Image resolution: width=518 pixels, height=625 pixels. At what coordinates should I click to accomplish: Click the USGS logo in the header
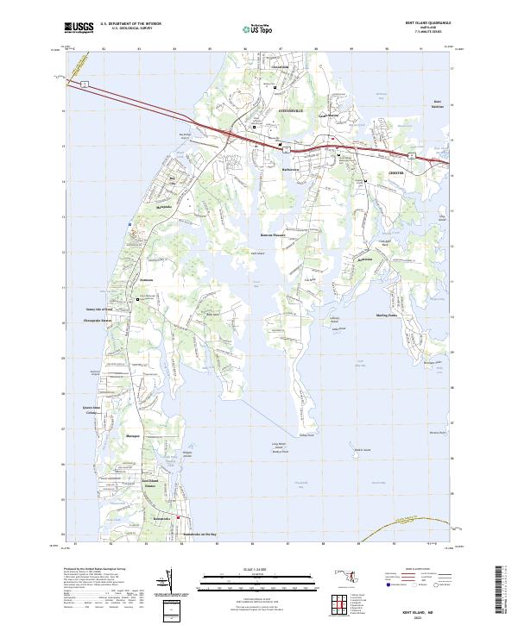coord(79,27)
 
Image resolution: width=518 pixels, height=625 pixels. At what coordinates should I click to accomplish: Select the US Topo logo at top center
coord(248,28)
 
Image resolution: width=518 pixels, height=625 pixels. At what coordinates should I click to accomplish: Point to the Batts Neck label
coord(211,314)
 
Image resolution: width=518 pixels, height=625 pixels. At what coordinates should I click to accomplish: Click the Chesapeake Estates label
coord(96,320)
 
